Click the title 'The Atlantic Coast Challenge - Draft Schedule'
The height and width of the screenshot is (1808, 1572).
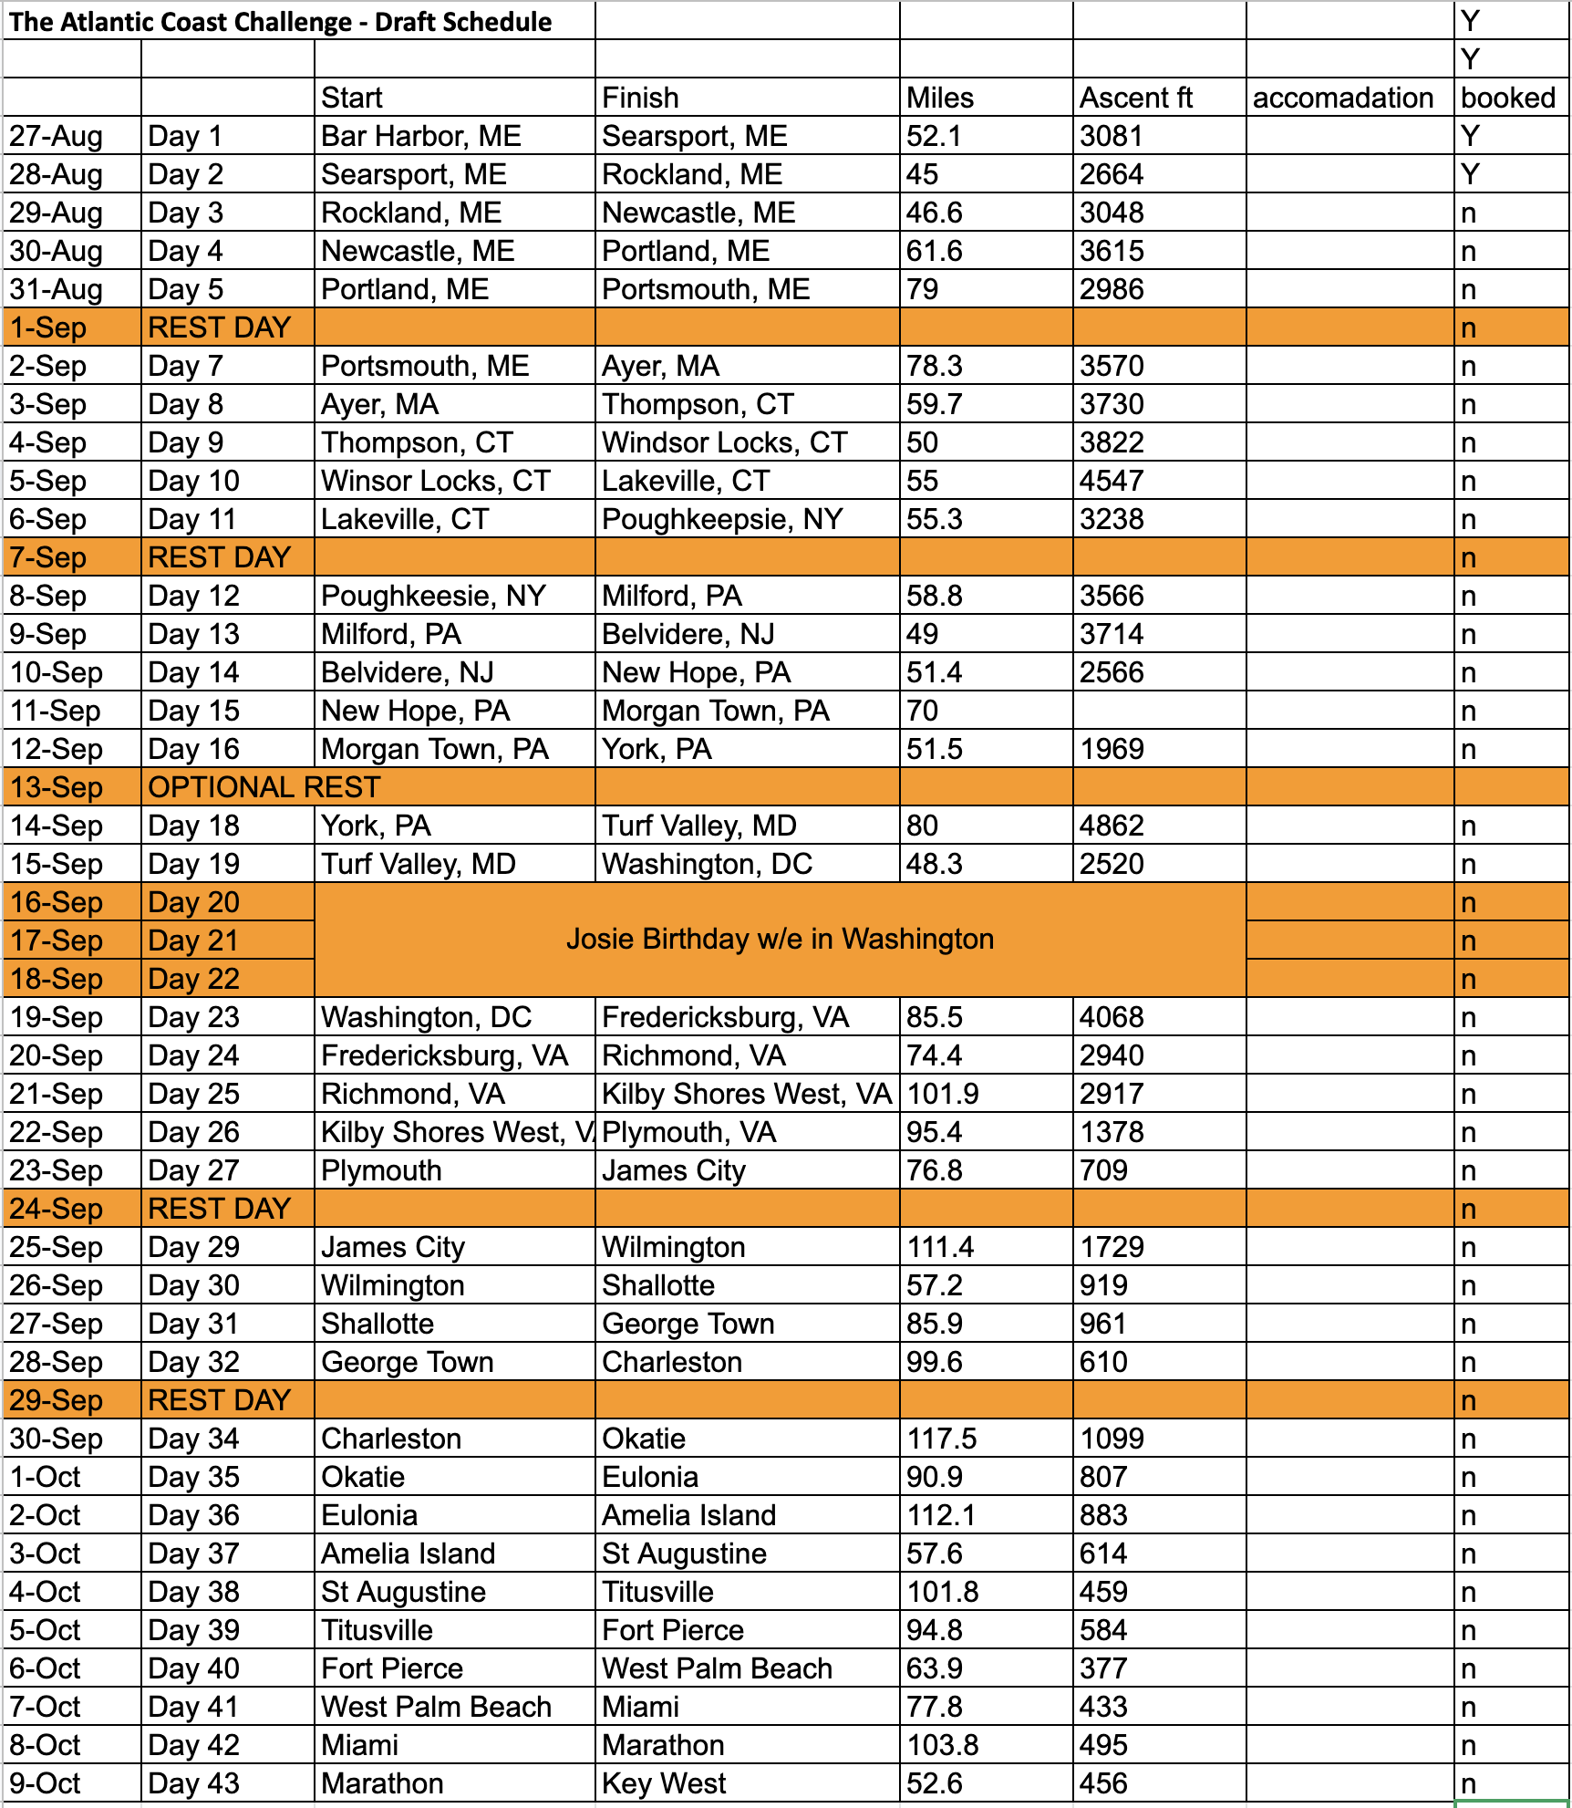(281, 22)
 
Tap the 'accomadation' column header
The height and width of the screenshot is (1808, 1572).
(1342, 98)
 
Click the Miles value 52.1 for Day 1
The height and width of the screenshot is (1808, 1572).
(934, 136)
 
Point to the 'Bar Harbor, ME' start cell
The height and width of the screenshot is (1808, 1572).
(420, 136)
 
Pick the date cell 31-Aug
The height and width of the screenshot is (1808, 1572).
(56, 289)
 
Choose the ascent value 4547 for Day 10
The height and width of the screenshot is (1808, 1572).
(1112, 481)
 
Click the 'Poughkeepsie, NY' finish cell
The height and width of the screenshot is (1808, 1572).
(722, 519)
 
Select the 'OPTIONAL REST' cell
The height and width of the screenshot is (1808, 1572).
(264, 787)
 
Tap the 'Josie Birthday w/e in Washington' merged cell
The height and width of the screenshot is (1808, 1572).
(780, 939)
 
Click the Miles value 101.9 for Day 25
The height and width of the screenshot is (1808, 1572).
(942, 1094)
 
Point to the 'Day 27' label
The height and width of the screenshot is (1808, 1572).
(193, 1170)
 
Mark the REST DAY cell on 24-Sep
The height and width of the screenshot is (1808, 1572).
(219, 1209)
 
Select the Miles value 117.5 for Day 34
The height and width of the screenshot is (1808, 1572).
(941, 1439)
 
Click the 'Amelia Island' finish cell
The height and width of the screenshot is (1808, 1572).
(688, 1515)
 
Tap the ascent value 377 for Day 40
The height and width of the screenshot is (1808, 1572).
(1103, 1668)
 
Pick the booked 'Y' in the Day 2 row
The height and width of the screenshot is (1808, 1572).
(1469, 174)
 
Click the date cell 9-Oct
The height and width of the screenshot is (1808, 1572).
(45, 1783)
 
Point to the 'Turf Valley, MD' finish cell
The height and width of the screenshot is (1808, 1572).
(698, 826)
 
